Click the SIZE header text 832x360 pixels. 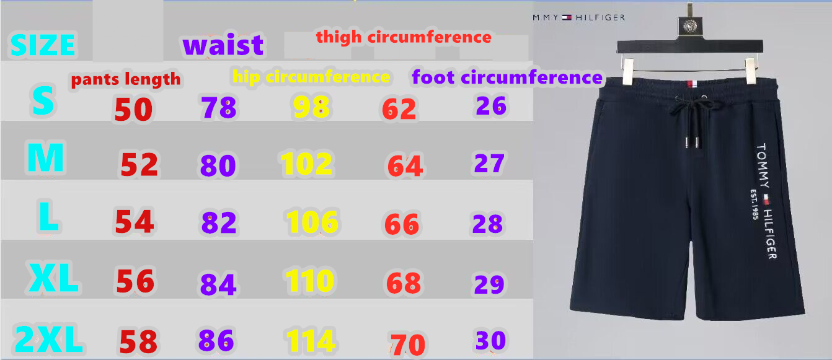tap(43, 45)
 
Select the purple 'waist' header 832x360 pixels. tap(223, 45)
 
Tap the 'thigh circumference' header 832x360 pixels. tap(404, 37)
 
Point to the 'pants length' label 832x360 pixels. tap(126, 79)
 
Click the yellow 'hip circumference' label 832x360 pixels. tap(311, 77)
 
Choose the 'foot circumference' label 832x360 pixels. tap(507, 77)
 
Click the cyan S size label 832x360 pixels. tap(43, 100)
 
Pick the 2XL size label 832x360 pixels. tap(48, 338)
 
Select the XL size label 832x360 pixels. tap(53, 278)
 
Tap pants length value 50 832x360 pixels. tap(133, 110)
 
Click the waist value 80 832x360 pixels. tap(218, 165)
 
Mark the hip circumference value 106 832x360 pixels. tap(312, 222)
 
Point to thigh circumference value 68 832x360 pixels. tap(404, 283)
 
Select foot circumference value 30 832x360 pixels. tap(490, 340)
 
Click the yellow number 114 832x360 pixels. tap(311, 340)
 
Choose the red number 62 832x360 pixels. tap(399, 109)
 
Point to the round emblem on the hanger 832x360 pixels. tap(691, 26)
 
